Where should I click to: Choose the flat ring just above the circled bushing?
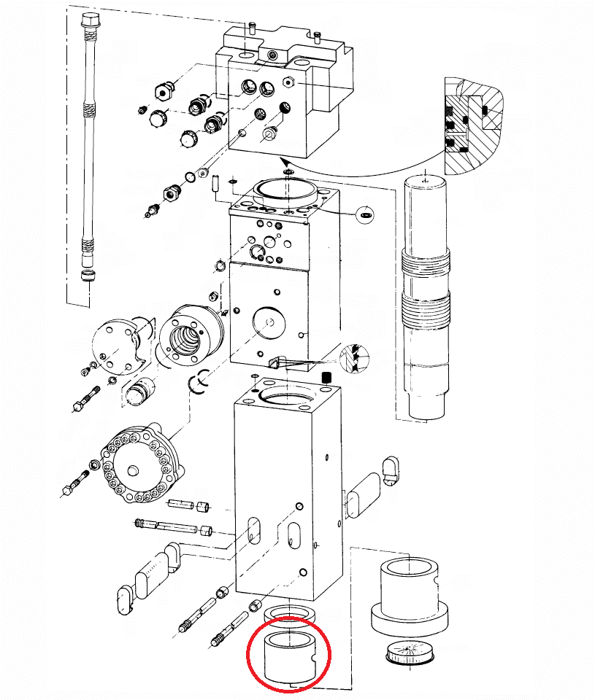pos(290,615)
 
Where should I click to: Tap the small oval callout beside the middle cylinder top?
pos(364,214)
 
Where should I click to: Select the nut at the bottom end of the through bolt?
pos(89,276)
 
